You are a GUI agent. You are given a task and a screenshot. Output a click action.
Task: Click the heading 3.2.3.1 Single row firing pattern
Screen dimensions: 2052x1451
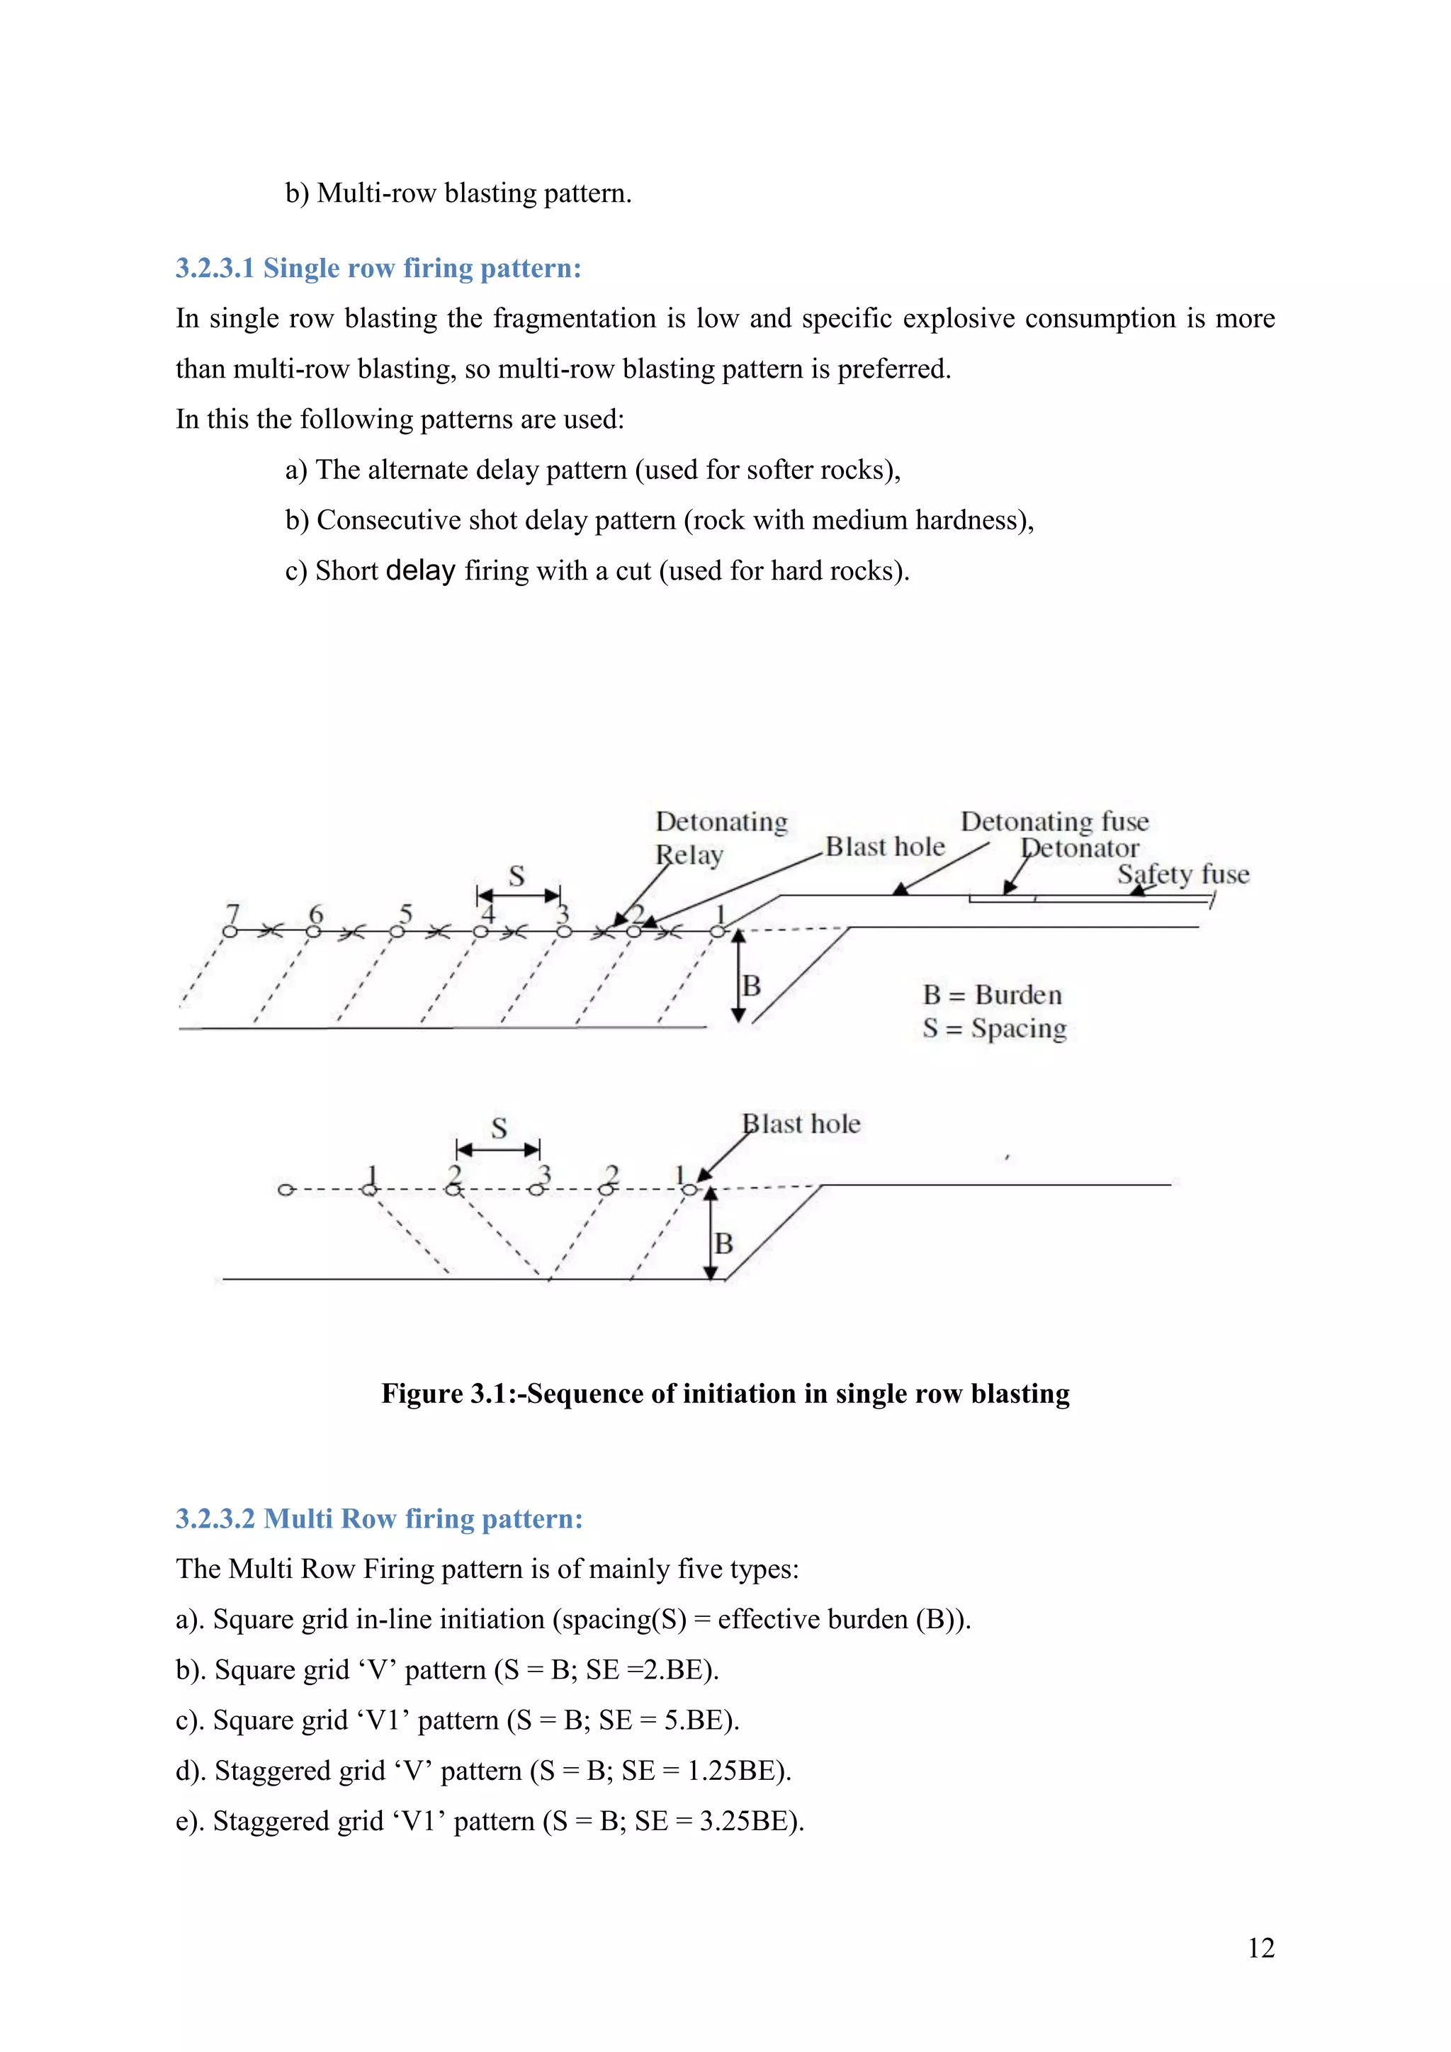pyautogui.click(x=378, y=268)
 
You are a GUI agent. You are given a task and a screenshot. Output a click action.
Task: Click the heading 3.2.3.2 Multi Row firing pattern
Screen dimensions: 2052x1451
pyautogui.click(x=379, y=1518)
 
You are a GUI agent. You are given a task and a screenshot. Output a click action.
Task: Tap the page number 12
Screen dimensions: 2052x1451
pyautogui.click(x=1260, y=1949)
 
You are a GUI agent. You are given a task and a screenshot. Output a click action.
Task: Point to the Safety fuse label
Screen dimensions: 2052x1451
pyautogui.click(x=1183, y=874)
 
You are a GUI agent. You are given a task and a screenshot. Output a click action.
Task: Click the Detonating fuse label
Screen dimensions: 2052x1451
pyautogui.click(x=1054, y=821)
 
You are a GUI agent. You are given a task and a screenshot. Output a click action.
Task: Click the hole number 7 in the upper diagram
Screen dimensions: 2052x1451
pyautogui.click(x=233, y=913)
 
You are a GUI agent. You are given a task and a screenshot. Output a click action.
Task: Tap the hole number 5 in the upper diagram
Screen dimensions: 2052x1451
pyautogui.click(x=406, y=913)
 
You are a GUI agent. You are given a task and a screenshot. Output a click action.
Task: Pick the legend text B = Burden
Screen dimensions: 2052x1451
pyautogui.click(x=992, y=995)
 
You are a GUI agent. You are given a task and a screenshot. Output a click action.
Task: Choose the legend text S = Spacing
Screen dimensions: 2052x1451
pyautogui.click(x=995, y=1029)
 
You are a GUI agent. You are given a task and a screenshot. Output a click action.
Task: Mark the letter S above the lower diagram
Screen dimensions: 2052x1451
pyautogui.click(x=499, y=1128)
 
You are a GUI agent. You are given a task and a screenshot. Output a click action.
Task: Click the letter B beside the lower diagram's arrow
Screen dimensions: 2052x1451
pyautogui.click(x=723, y=1244)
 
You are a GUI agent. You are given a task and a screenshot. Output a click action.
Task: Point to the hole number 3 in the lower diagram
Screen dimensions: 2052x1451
pyautogui.click(x=544, y=1173)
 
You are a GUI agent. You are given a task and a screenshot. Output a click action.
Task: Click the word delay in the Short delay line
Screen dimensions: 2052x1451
pyautogui.click(x=421, y=570)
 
